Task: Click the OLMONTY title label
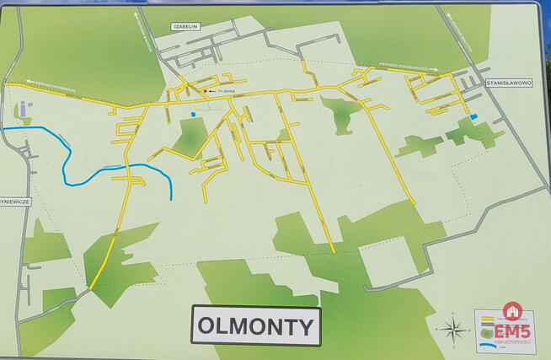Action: pyautogui.click(x=256, y=325)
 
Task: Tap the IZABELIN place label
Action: pyautogui.click(x=185, y=27)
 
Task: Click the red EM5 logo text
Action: pyautogui.click(x=512, y=330)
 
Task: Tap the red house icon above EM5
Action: pyautogui.click(x=512, y=311)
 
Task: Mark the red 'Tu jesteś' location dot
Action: pyautogui.click(x=204, y=91)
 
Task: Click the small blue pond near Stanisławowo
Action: pyautogui.click(x=473, y=116)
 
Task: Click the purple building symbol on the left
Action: pyautogui.click(x=24, y=110)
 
